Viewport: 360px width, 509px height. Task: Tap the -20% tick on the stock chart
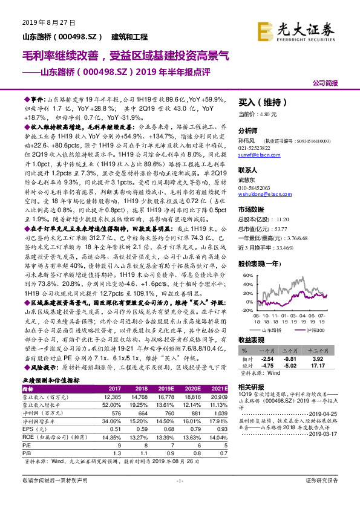246,310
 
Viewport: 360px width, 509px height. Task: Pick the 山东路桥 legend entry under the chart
268,330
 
